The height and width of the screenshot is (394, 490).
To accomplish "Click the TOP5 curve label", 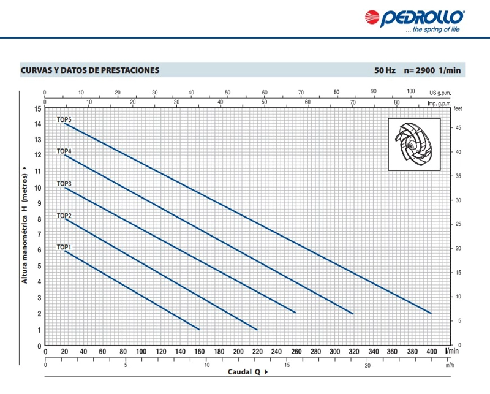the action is (x=64, y=119).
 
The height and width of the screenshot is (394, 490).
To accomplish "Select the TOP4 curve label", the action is (x=64, y=151).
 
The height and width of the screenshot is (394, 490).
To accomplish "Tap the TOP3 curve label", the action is (x=64, y=184).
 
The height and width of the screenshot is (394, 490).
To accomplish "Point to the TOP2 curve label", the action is (x=64, y=216).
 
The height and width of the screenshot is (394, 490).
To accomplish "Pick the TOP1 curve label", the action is (x=64, y=248).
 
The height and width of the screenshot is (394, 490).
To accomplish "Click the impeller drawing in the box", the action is (x=413, y=144).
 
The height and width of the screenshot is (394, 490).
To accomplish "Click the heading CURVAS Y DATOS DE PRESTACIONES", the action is (x=90, y=70).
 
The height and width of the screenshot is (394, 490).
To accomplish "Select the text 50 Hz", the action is (x=385, y=70).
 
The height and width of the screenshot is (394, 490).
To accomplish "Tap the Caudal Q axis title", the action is (x=244, y=372).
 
